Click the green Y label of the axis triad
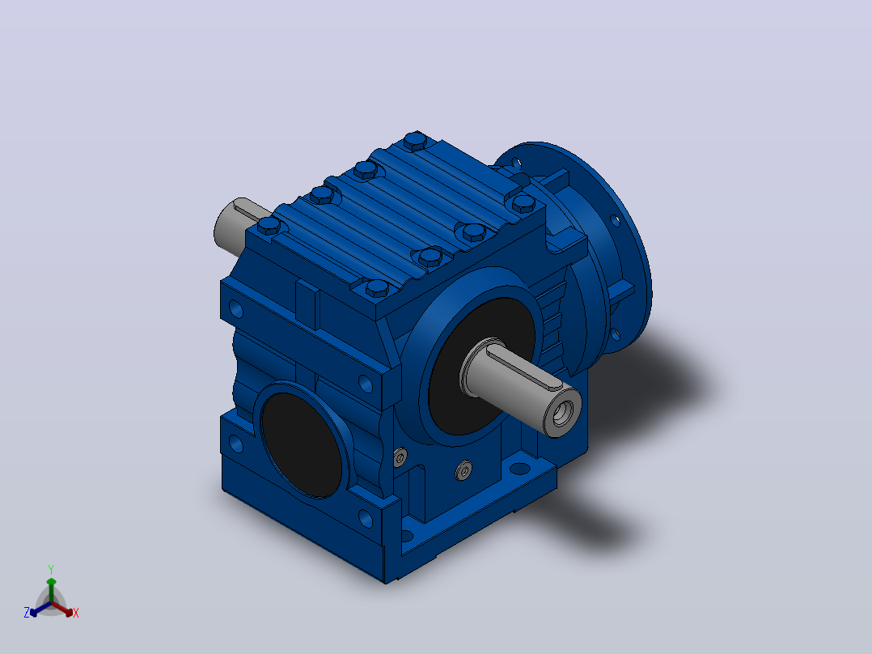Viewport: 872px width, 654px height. coord(51,569)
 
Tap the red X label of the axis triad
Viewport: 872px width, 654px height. coord(76,613)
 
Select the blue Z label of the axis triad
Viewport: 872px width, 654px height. coord(27,612)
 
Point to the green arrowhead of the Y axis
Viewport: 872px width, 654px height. coord(51,582)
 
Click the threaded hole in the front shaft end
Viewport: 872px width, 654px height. coord(561,414)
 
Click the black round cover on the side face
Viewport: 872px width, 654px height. coord(302,444)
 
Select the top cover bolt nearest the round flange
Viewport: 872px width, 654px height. coord(523,202)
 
